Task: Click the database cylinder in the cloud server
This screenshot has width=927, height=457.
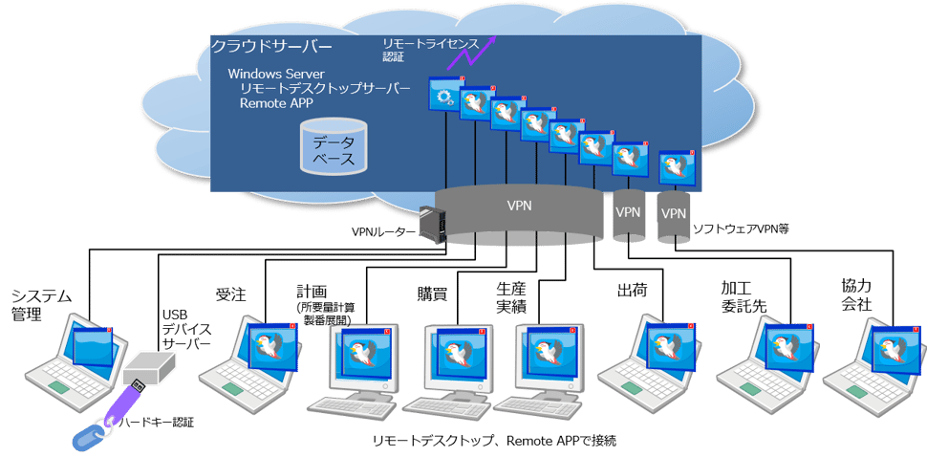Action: coord(332,146)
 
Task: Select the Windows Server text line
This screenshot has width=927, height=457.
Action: coord(276,74)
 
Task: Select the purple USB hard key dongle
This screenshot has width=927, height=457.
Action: coord(124,405)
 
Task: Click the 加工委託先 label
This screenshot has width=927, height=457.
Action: coord(743,296)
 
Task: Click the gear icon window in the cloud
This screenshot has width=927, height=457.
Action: coord(444,97)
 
